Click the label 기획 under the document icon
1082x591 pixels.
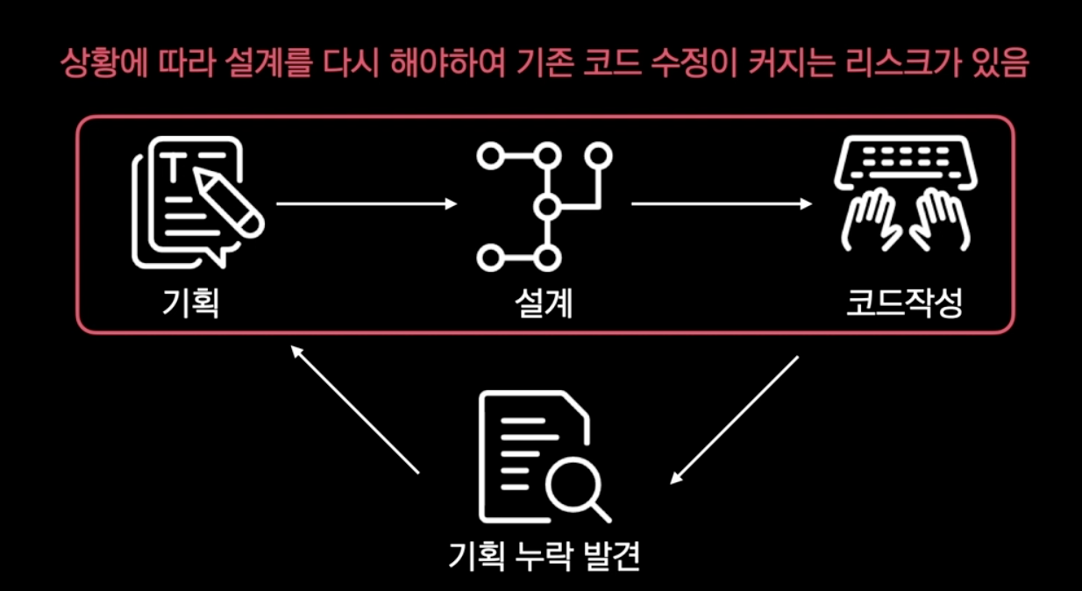pos(190,303)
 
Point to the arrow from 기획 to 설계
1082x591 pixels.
pos(367,204)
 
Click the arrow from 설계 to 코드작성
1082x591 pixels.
pos(721,204)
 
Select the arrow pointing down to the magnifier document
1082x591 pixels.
pos(735,420)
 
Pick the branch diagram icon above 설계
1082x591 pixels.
pos(544,206)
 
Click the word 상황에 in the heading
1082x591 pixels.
pos(97,66)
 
